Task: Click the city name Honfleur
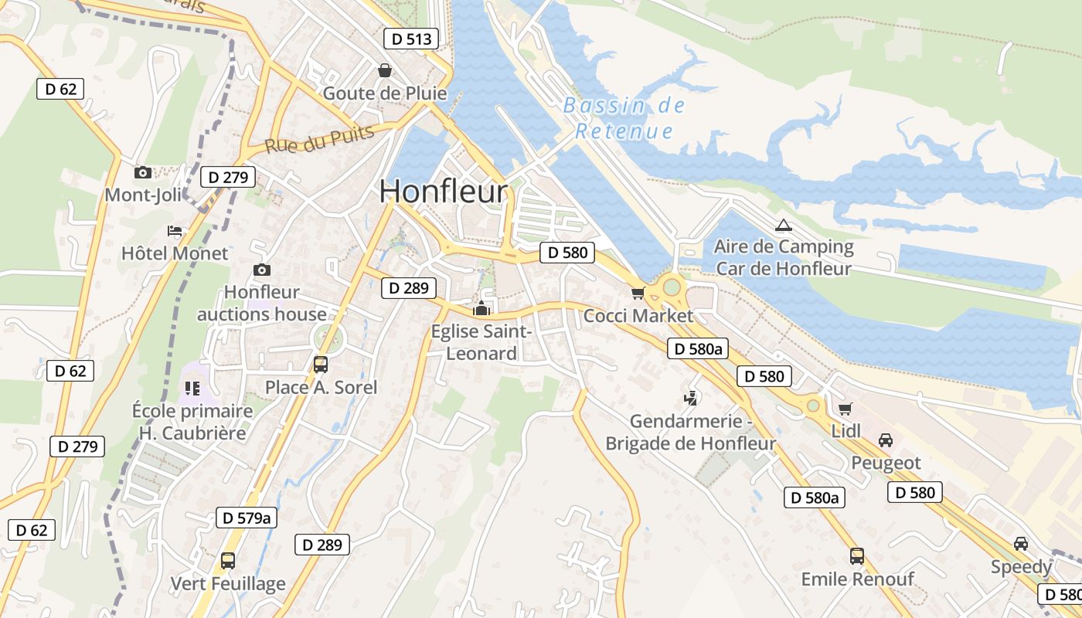[444, 192]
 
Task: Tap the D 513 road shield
[411, 39]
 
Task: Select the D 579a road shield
[247, 518]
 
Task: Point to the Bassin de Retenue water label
[624, 118]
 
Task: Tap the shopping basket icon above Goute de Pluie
[384, 71]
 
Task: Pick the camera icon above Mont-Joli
[142, 172]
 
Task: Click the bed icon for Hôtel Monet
[175, 231]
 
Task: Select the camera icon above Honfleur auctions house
[262, 270]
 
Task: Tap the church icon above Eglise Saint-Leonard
[482, 308]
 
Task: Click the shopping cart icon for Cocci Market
[638, 293]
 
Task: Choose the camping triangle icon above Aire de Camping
[784, 226]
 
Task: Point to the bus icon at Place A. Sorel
[321, 364]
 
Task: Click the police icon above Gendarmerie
[690, 399]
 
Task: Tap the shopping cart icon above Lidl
[845, 408]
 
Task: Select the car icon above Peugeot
[886, 440]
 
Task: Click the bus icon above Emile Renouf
[857, 555]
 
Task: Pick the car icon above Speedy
[1021, 544]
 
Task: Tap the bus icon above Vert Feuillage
[228, 560]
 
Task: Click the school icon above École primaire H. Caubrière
[192, 389]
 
